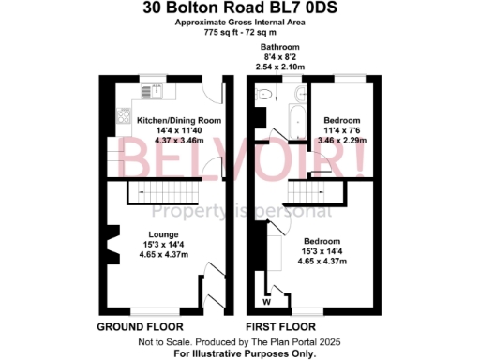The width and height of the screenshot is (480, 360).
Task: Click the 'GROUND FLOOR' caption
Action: click(x=136, y=327)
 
